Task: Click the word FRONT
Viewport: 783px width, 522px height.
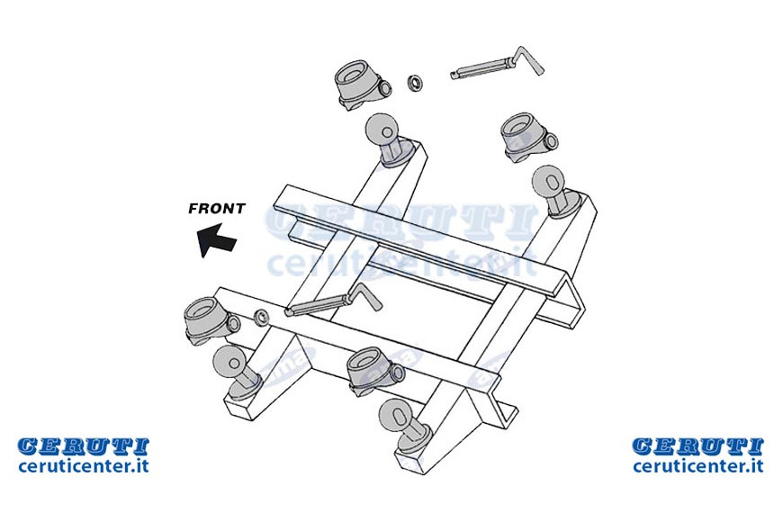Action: coord(217,208)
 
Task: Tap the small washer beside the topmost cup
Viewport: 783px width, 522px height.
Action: coord(415,83)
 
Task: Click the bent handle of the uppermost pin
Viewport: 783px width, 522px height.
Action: coord(528,59)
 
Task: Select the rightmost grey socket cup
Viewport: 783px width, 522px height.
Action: coord(529,137)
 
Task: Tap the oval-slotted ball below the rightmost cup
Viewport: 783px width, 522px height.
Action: coord(548,182)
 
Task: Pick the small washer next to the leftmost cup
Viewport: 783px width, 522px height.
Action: coord(261,317)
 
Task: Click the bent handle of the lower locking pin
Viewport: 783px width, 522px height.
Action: coord(365,293)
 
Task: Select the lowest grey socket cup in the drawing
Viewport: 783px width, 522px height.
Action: coord(375,372)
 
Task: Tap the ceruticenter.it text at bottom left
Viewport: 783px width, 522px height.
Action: coord(84,466)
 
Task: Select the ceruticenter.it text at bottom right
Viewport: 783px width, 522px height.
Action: coord(698,466)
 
